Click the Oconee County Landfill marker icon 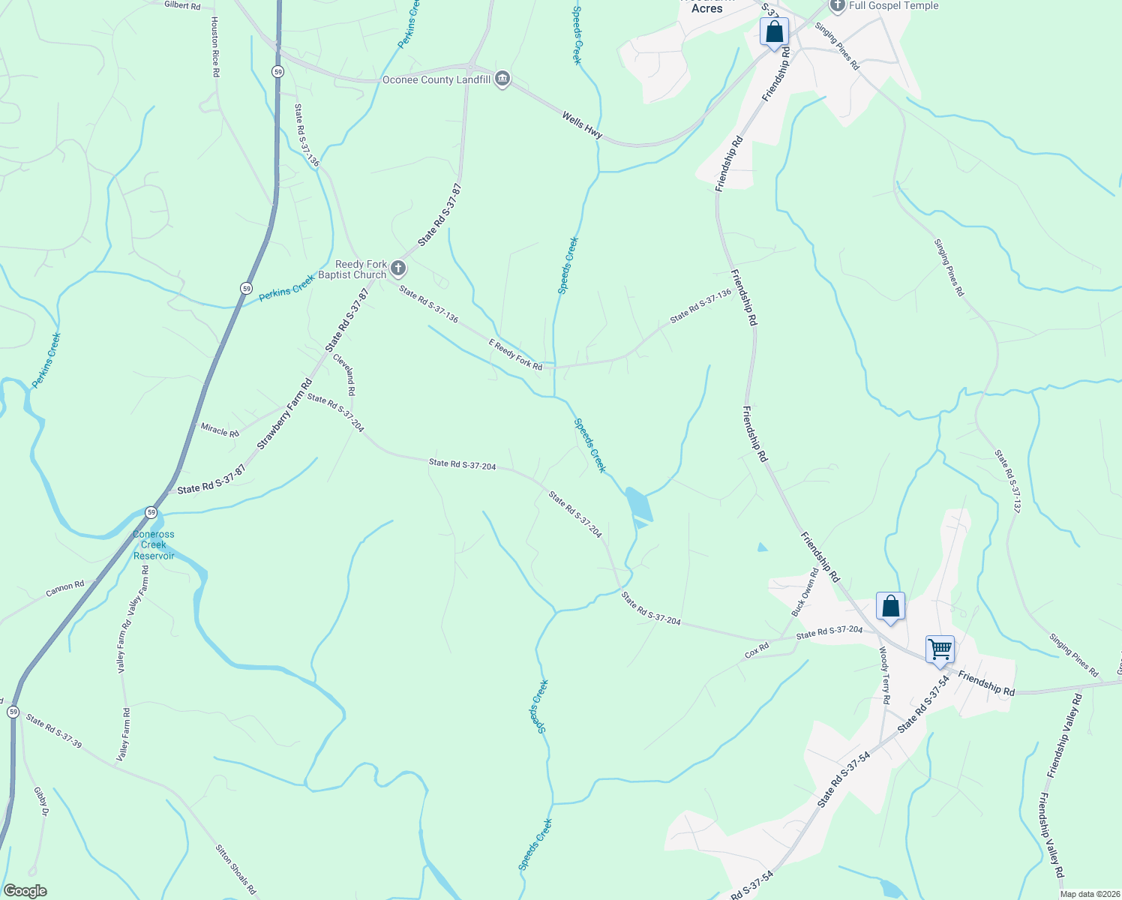502,79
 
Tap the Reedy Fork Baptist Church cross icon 398,268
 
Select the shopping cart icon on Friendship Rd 940,649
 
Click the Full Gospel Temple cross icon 838,6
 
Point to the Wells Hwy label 582,124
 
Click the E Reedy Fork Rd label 515,354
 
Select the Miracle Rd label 220,430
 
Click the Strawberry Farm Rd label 284,415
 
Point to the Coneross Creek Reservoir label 154,545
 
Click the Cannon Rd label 65,589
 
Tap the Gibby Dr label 40,802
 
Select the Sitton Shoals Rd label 235,869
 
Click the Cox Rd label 757,650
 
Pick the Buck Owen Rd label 804,592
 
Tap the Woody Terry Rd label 885,675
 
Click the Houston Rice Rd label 215,47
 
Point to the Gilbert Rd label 182,5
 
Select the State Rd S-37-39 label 53,730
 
